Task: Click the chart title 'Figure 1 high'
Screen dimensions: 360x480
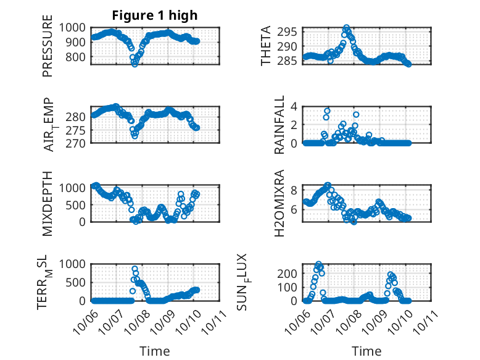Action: point(155,15)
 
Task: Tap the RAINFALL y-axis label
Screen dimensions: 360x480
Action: point(280,125)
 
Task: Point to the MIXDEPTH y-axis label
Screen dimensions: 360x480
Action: point(48,203)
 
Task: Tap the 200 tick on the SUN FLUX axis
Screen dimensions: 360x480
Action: point(292,273)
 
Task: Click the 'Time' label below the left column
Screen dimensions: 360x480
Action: point(155,351)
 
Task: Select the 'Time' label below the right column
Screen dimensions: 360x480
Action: point(366,351)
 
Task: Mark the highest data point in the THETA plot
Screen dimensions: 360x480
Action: point(347,28)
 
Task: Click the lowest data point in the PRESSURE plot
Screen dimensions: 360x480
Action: point(134,64)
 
